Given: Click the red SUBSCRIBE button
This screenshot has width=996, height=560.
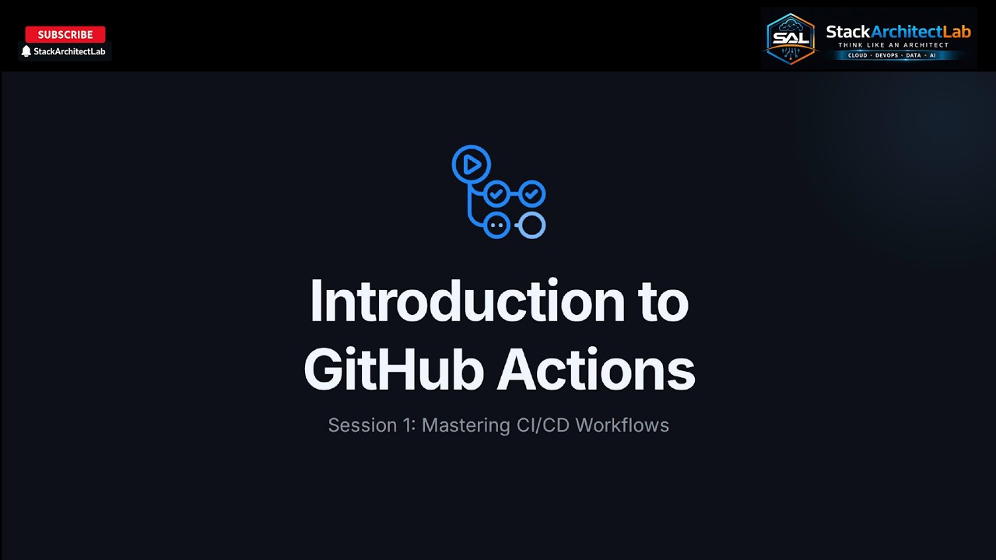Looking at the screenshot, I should click(65, 34).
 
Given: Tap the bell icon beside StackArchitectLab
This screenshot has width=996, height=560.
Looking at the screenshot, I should click(26, 51).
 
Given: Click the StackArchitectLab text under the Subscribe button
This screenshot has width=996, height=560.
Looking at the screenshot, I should click(69, 51).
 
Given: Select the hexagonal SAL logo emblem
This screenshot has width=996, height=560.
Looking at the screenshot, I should click(791, 38).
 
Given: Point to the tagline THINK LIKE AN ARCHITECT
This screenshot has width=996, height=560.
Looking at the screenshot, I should click(893, 45).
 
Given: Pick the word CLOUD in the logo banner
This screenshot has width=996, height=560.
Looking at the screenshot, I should click(857, 56).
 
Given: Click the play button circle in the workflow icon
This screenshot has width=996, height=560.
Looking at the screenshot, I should click(471, 165).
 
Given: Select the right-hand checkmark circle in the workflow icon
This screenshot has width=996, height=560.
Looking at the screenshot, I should click(532, 193).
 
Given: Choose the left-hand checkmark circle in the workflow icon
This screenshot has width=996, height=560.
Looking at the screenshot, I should click(496, 193).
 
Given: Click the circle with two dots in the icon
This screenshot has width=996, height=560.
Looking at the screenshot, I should click(496, 226).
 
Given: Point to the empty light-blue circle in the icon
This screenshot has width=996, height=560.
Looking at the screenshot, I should click(532, 226).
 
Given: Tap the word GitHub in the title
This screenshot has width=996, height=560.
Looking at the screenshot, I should click(394, 369).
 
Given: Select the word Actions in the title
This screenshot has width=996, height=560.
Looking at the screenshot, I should click(596, 369).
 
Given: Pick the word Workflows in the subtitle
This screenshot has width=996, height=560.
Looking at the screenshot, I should click(622, 425).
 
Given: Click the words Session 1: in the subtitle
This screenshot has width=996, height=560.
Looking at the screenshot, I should click(372, 425).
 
